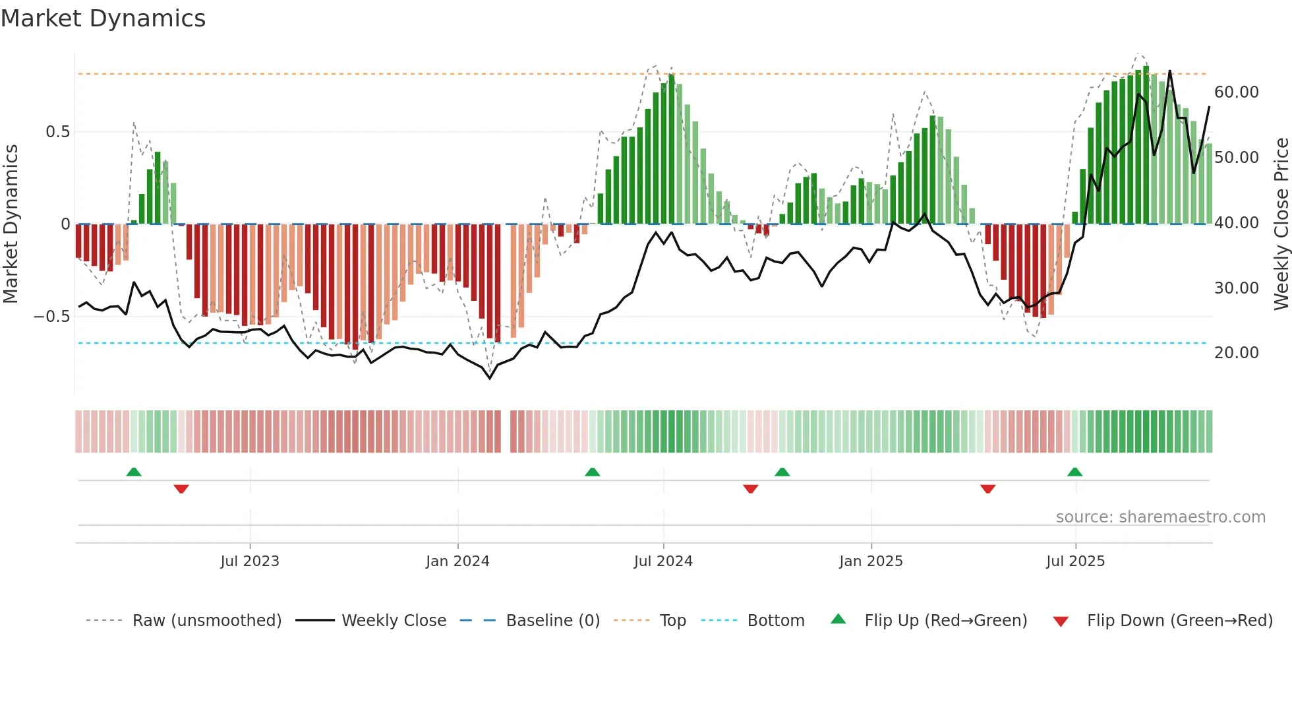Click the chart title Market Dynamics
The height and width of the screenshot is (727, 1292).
click(x=103, y=18)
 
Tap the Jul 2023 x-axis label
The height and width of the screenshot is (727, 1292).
click(x=250, y=561)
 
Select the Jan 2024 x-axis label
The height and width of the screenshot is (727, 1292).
click(x=457, y=561)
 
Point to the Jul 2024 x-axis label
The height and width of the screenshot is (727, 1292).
click(x=663, y=561)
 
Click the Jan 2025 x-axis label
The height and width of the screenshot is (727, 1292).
click(x=871, y=561)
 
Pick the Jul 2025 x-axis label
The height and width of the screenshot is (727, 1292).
click(x=1075, y=561)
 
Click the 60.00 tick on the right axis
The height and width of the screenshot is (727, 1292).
click(x=1236, y=92)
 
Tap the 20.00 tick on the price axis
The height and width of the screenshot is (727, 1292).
click(x=1236, y=353)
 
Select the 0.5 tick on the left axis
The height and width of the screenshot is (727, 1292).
click(x=57, y=132)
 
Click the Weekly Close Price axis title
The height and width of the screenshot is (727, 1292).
click(x=1281, y=224)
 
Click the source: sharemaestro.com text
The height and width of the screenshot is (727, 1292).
click(x=1160, y=517)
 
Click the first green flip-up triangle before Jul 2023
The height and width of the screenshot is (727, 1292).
click(x=134, y=472)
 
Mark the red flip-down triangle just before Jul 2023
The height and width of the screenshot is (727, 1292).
click(x=181, y=489)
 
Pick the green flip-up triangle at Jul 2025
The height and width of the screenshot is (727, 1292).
click(x=1074, y=472)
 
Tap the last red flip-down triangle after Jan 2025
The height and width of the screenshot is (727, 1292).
click(x=987, y=489)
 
